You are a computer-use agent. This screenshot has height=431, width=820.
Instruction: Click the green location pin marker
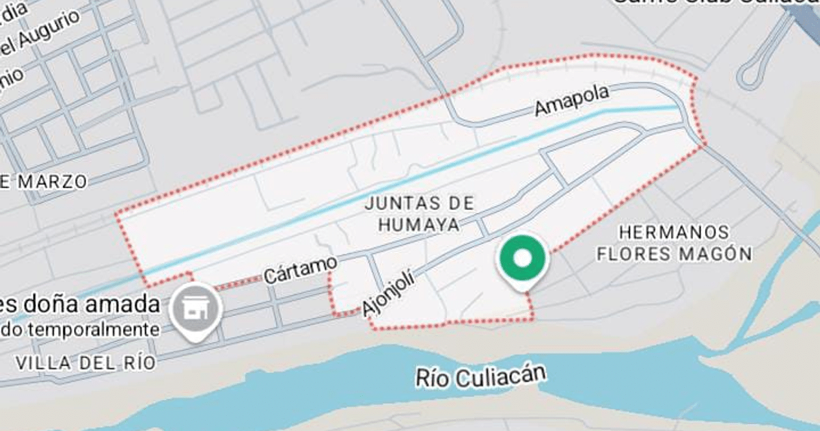click(522, 261)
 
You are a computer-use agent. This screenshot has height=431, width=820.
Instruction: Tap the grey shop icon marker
click(195, 309)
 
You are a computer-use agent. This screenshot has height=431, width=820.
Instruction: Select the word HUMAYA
click(419, 223)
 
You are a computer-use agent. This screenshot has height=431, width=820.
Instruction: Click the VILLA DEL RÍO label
click(87, 363)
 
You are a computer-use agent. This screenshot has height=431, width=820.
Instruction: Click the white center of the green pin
click(522, 258)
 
